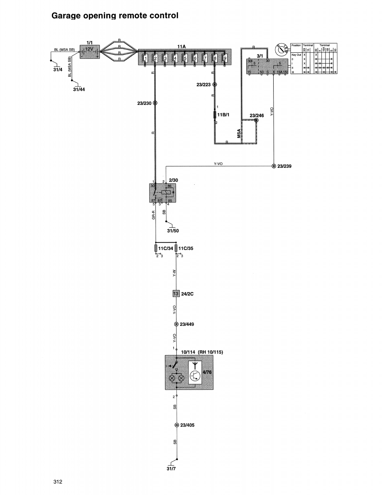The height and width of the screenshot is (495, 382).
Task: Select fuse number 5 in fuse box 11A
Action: coord(185,58)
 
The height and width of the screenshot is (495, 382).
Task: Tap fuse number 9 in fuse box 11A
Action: coord(225,58)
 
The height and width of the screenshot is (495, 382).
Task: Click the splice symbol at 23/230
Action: coord(155,103)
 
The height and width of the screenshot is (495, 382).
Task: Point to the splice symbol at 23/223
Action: coord(214,84)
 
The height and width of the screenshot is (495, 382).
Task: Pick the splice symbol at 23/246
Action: coord(256,120)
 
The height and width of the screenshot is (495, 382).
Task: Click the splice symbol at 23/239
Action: coord(274,166)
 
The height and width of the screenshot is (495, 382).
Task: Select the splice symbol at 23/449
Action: coord(176,324)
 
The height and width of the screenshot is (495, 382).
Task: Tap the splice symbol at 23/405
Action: coord(176,425)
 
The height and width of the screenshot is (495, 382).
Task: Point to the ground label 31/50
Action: coord(173,231)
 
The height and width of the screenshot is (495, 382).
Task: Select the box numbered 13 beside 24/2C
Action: coord(176,294)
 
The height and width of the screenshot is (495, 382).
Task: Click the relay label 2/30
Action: coord(173,180)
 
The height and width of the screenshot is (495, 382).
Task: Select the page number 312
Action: coord(57,481)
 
